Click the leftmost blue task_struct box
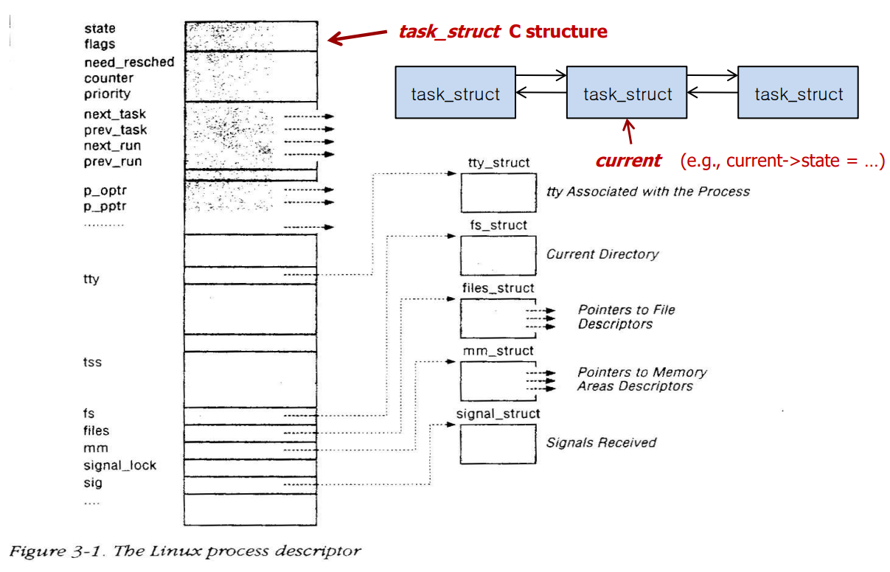tap(455, 92)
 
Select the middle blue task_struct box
tap(627, 92)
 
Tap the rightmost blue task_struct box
tap(798, 92)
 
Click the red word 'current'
tap(627, 161)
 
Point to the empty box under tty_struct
tap(498, 193)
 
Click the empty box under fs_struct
tap(498, 255)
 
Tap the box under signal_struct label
tap(498, 443)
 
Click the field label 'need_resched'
tap(129, 62)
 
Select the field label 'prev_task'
tap(115, 130)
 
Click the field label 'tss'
tap(92, 363)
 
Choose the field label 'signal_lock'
tap(119, 465)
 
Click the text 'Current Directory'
tap(602, 254)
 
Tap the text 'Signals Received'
tap(600, 442)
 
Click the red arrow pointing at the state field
tap(358, 36)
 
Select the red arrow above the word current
tap(628, 133)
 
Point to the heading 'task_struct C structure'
tap(502, 32)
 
